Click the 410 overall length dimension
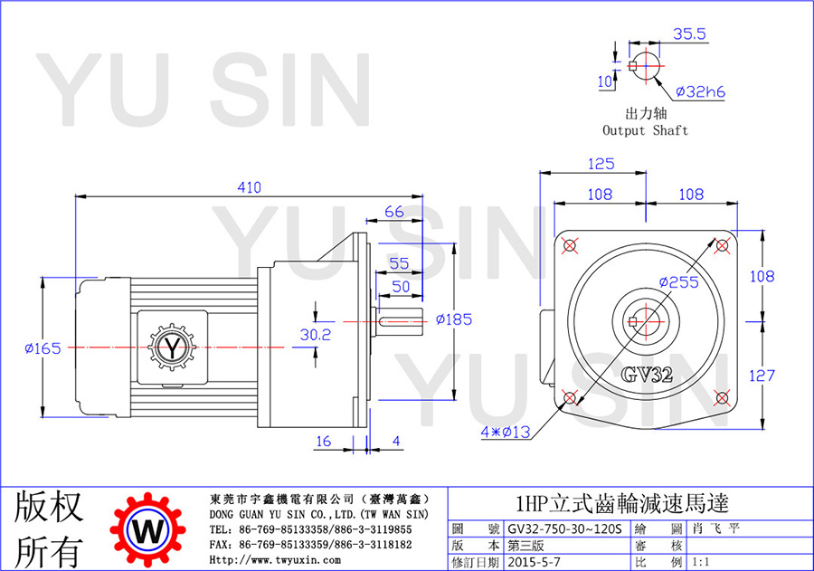pyautogui.click(x=250, y=187)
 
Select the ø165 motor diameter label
pyautogui.click(x=43, y=348)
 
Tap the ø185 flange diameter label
pyautogui.click(x=454, y=319)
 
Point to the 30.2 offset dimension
pyautogui.click(x=315, y=335)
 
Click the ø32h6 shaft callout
pyautogui.click(x=700, y=92)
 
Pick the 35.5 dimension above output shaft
pyautogui.click(x=689, y=33)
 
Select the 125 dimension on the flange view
pyautogui.click(x=601, y=164)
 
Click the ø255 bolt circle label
pyautogui.click(x=679, y=282)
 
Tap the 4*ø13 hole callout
pyautogui.click(x=505, y=432)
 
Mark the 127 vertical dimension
pyautogui.click(x=762, y=376)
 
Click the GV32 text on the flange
pyautogui.click(x=647, y=374)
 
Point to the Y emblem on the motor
pyautogui.click(x=172, y=347)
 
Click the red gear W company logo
pyautogui.click(x=148, y=529)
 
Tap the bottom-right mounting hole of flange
pyautogui.click(x=722, y=398)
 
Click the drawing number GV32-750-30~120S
pyautogui.click(x=564, y=528)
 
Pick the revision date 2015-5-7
pyautogui.click(x=535, y=562)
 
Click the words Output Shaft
pyautogui.click(x=645, y=130)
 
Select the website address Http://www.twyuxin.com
pyautogui.click(x=275, y=560)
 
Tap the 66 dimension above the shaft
pyautogui.click(x=394, y=212)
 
